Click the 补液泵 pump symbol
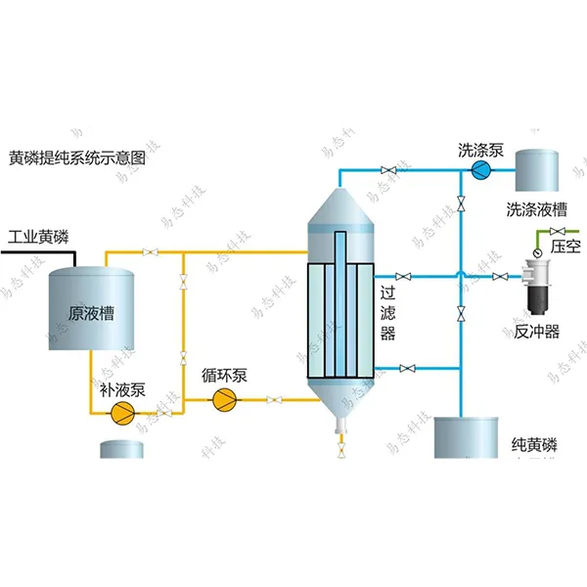[x=123, y=412]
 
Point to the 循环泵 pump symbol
[x=224, y=398]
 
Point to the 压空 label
[x=566, y=246]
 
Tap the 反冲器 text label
[x=537, y=332]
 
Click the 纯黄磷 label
[x=533, y=445]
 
